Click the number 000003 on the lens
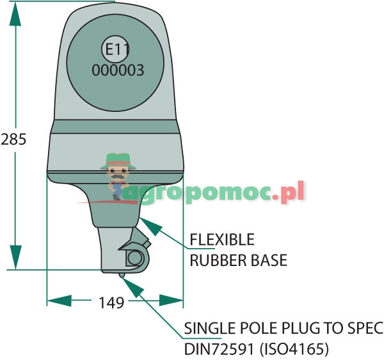click(x=118, y=70)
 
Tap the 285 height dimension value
click(x=13, y=139)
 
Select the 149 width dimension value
click(x=111, y=302)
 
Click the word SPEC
click(x=365, y=329)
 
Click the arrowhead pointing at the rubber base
click(x=144, y=221)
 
